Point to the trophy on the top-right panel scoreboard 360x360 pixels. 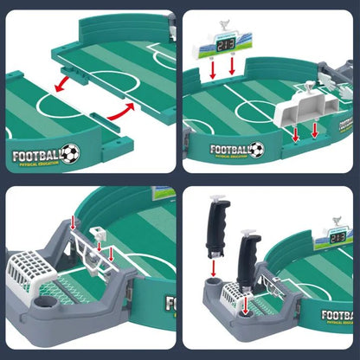[226, 25]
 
